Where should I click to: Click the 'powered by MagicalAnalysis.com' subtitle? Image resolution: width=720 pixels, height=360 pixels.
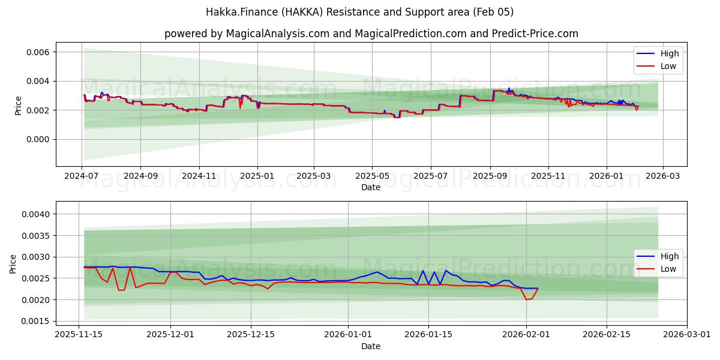371,34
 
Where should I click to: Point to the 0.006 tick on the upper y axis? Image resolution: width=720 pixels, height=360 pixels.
36,52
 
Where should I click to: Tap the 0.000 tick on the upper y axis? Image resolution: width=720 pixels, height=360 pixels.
36,139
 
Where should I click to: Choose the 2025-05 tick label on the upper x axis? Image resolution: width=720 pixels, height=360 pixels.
372,176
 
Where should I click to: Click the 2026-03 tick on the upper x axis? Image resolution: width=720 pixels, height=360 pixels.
662,176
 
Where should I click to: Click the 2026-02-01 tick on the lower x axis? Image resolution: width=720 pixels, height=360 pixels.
526,335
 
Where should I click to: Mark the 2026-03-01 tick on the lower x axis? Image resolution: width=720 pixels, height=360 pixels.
686,335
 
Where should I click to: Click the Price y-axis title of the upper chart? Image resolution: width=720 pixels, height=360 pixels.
18,106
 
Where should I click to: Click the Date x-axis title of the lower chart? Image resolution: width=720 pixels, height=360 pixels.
371,346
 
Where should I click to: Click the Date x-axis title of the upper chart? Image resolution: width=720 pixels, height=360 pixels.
371,187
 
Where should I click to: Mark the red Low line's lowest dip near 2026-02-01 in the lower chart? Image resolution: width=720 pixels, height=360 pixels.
526,299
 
